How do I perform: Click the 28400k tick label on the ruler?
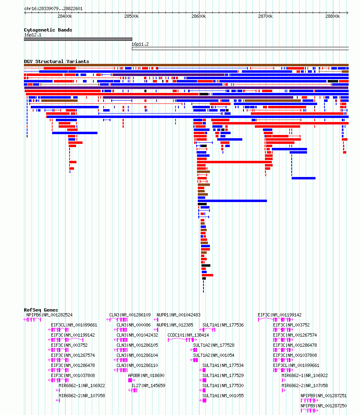[65, 17]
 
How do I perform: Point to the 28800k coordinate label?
[332, 17]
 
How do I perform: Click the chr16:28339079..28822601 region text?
[53, 8]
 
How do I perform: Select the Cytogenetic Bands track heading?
[48, 30]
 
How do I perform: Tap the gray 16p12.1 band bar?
[78, 39]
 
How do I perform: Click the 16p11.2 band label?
[140, 44]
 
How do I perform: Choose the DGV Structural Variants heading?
[56, 61]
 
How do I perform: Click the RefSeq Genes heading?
[41, 310]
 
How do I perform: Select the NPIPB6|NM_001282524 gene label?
[49, 315]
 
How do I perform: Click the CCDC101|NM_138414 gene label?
[188, 335]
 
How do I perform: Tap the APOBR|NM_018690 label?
[146, 375]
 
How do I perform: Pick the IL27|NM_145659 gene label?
[148, 386]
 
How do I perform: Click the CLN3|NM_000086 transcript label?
[133, 325]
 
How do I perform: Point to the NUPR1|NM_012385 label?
[175, 325]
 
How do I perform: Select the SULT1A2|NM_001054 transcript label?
[214, 355]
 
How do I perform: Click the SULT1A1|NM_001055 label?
[223, 396]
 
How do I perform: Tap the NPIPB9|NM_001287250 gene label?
[324, 406]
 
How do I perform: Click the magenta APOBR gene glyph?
[131, 380]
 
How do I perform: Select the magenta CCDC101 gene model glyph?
[182, 340]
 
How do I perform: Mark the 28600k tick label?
[199, 17]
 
